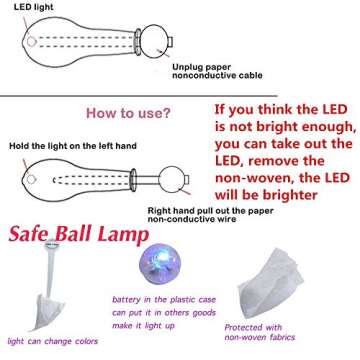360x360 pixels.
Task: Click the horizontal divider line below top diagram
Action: tap(180, 96)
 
